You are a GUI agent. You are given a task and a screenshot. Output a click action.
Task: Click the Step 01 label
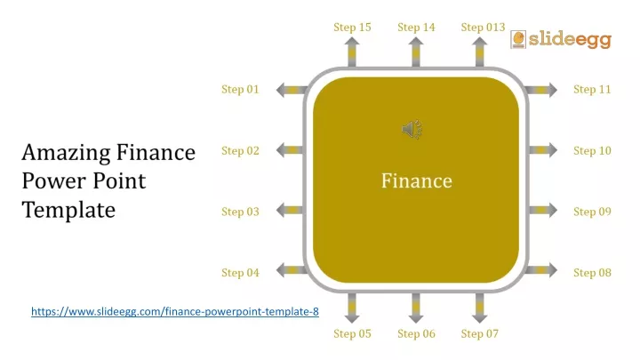coord(240,90)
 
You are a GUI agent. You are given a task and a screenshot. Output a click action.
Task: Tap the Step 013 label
coord(483,28)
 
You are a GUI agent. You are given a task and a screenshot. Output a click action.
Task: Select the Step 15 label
coord(352,28)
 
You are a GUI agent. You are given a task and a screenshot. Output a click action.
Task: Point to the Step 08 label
coord(592,273)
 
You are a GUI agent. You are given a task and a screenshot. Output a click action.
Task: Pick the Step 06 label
coord(416,334)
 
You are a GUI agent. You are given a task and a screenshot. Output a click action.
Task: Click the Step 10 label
coord(592,150)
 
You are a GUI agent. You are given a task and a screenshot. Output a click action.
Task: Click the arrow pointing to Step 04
coord(292,270)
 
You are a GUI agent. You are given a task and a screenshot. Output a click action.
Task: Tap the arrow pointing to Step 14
coord(416,52)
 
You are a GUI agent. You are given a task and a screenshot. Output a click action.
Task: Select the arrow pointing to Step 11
coord(540,90)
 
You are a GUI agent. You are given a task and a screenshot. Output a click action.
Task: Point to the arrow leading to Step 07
coord(480,308)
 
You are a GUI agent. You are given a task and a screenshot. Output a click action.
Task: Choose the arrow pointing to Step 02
coord(290,150)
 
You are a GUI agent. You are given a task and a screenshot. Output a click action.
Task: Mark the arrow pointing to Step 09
coord(543,210)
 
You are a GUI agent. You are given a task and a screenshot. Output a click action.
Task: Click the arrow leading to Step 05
coord(352,308)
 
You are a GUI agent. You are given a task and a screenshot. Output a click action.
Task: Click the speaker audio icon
coord(412,130)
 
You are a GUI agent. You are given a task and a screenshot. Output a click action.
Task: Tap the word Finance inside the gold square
coord(417,180)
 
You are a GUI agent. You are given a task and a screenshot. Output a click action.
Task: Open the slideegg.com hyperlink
coord(175,311)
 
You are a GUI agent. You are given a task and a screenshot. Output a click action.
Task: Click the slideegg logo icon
coord(518,40)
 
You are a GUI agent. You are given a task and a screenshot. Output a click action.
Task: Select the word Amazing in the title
coord(66,153)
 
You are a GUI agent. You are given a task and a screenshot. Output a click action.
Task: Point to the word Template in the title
coord(68,210)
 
